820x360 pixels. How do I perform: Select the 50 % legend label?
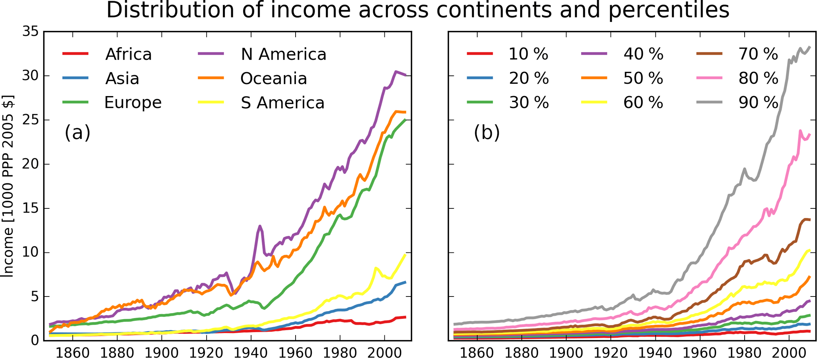click(x=643, y=79)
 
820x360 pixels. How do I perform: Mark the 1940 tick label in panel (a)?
click(x=251, y=353)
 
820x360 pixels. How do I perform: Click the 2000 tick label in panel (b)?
click(x=789, y=353)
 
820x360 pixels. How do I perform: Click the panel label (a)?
click(x=77, y=132)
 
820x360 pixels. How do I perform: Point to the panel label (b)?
click(x=486, y=132)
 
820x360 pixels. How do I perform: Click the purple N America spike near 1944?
click(x=260, y=227)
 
